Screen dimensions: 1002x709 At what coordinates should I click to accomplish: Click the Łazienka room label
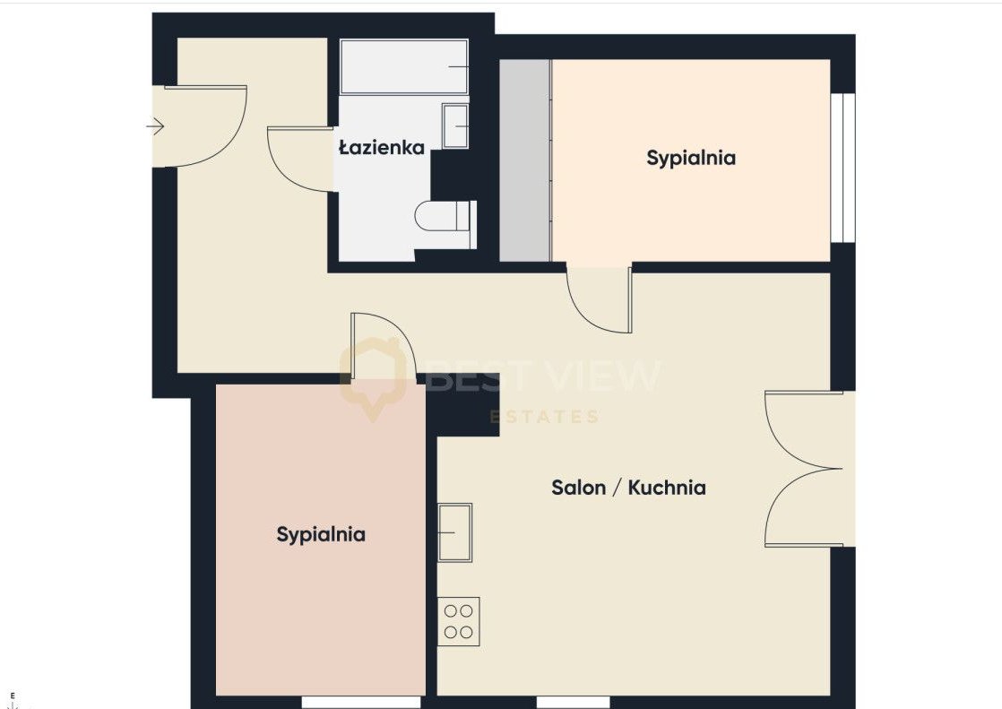click(382, 148)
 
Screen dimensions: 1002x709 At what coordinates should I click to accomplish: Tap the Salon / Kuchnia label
click(628, 488)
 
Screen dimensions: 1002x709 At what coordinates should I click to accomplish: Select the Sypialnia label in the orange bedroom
click(691, 158)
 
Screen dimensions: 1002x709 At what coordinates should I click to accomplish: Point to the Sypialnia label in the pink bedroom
click(321, 534)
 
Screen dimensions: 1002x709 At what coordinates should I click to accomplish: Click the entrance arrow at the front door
click(155, 126)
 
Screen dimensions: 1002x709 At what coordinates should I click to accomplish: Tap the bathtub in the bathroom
click(404, 67)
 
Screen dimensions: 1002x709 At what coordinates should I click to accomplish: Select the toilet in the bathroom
click(445, 216)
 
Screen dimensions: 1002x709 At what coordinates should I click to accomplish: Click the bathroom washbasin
click(454, 126)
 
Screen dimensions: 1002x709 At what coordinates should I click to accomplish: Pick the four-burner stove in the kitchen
click(458, 621)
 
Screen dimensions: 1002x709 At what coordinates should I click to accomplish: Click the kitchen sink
click(454, 532)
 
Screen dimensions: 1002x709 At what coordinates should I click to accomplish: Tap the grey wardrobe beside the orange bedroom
click(524, 160)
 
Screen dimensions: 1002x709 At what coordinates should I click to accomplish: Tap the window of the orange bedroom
click(843, 169)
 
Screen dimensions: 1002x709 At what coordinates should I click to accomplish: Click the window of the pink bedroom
click(361, 702)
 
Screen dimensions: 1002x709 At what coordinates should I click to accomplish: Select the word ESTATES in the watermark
click(544, 417)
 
